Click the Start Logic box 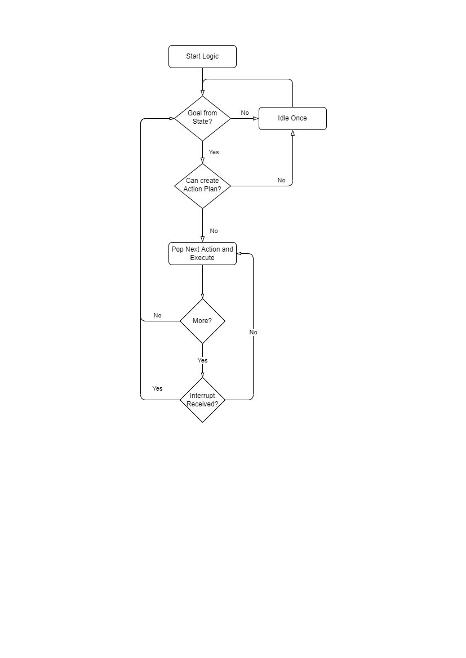pos(202,56)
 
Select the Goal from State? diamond pos(202,118)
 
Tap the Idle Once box pos(292,118)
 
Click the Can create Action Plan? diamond pos(202,185)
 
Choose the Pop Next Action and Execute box pos(202,253)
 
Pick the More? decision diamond pos(202,321)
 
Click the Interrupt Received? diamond pos(202,400)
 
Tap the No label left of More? pos(157,316)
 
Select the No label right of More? pos(253,333)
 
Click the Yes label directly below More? pos(202,360)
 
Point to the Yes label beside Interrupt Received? pos(157,389)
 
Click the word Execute pos(202,258)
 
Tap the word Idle pos(283,118)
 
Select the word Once pos(299,118)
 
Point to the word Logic pos(210,56)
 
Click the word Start pos(193,56)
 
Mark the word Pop pos(177,249)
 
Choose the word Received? pos(202,404)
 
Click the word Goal pos(194,113)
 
